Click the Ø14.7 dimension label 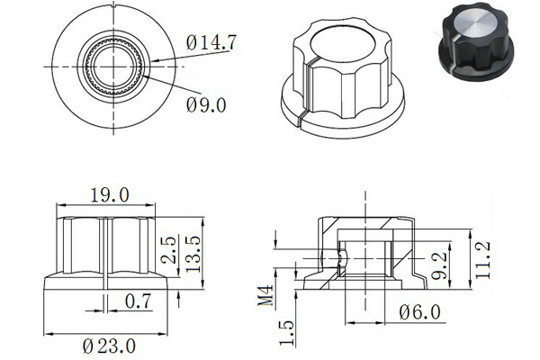coord(211,42)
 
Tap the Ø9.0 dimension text coord(206,105)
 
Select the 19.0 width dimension coord(110,195)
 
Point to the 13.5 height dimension coord(193,254)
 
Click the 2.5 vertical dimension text coord(169,250)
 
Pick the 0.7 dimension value coord(138,301)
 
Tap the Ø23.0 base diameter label coord(109,346)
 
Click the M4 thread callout coord(265,295)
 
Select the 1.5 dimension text coord(286,333)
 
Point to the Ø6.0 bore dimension coord(419,312)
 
